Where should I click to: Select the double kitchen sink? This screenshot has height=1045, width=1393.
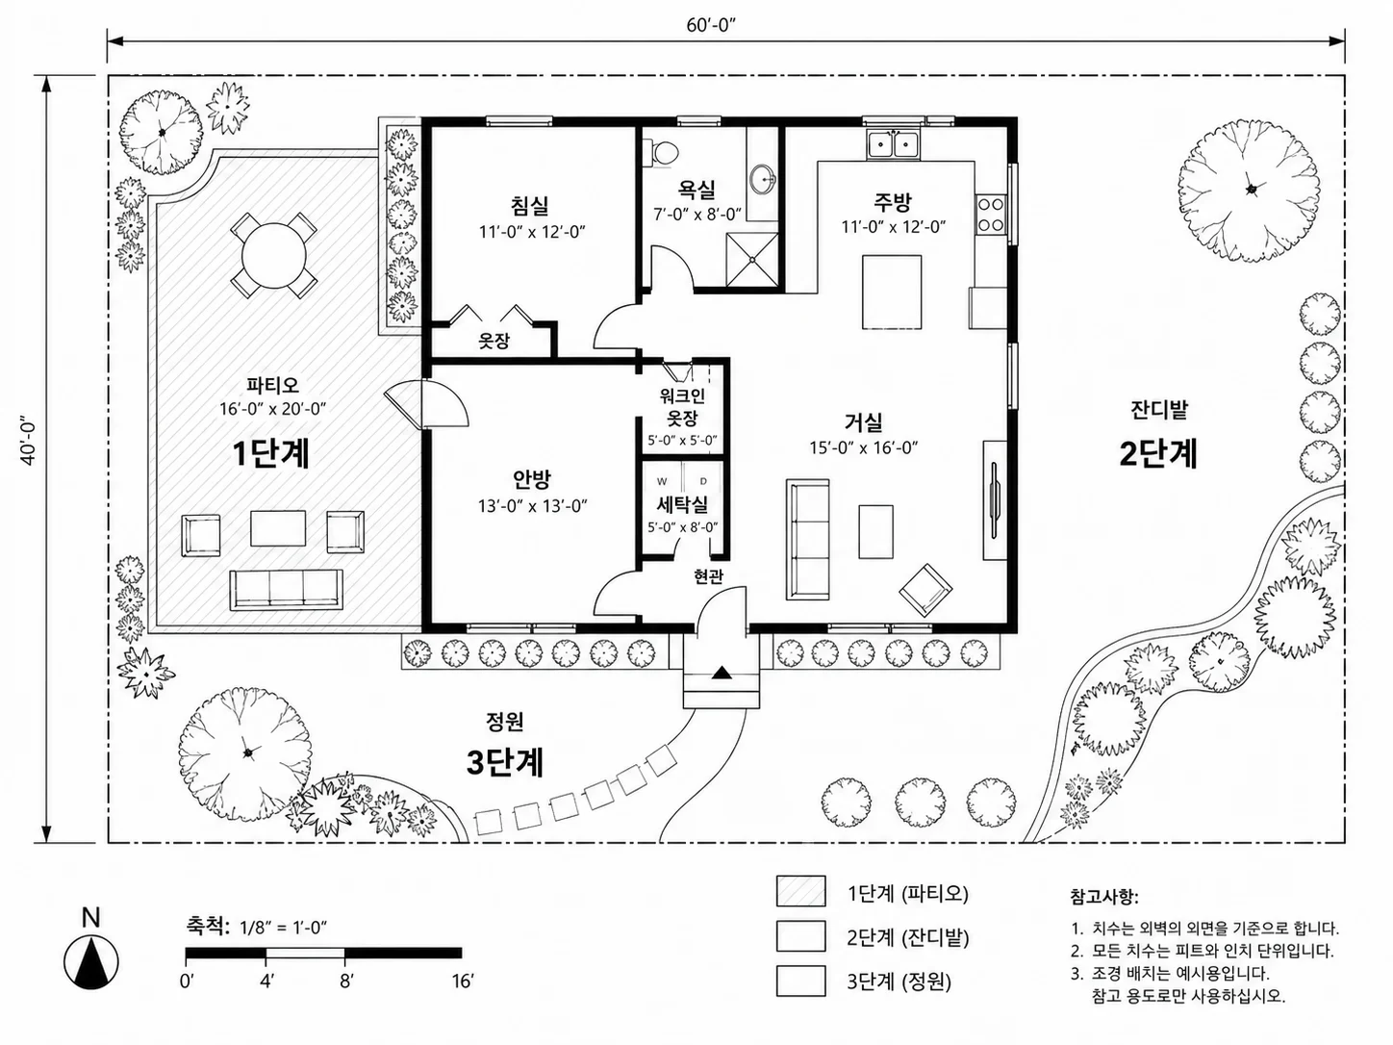(893, 144)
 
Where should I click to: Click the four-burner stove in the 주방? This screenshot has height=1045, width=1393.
(991, 215)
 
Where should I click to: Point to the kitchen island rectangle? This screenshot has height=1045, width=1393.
(892, 292)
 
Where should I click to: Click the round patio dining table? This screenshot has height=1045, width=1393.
(274, 256)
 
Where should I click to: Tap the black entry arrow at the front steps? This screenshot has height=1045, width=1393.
(722, 674)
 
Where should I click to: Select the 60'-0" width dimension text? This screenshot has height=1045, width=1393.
(711, 25)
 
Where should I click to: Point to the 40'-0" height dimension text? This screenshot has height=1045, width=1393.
(29, 441)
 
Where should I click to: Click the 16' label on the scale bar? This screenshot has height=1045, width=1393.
(463, 981)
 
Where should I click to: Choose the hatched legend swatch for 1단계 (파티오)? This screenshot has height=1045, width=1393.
(801, 891)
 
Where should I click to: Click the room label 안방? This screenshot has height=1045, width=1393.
(532, 479)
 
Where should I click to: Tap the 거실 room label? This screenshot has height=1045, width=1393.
(864, 421)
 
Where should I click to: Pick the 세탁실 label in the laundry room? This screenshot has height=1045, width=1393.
(682, 505)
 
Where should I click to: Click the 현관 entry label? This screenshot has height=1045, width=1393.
(708, 576)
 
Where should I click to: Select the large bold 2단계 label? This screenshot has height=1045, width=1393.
(1158, 453)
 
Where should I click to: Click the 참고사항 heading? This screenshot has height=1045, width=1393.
(1104, 897)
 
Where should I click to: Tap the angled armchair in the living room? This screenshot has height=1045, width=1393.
(925, 590)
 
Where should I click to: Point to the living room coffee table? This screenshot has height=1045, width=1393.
(875, 532)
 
